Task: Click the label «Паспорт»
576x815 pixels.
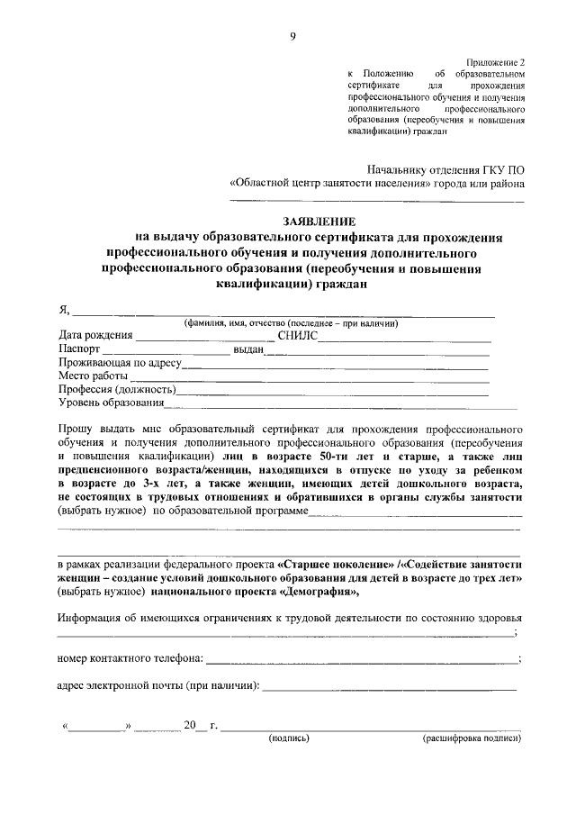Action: point(79,349)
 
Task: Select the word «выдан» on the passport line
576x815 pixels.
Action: point(247,350)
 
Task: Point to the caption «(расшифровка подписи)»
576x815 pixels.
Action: point(472,738)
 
